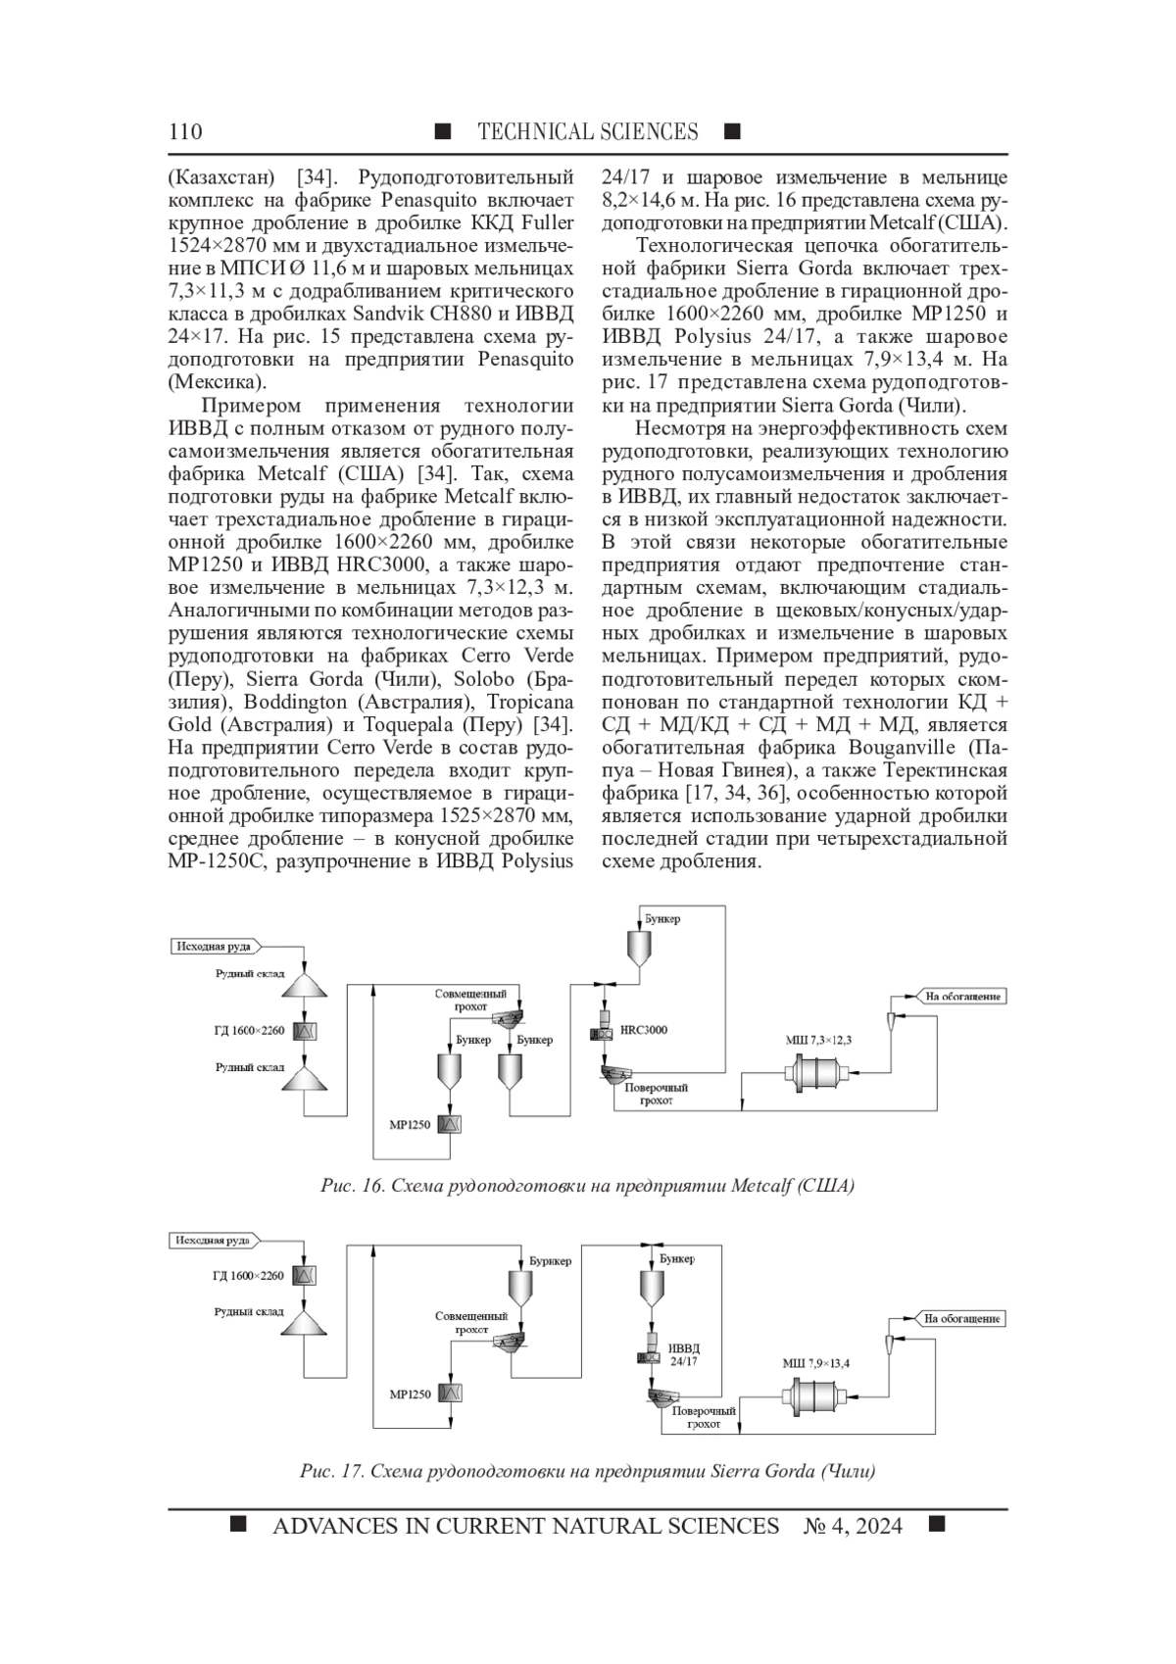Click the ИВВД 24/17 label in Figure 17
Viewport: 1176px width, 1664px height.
(x=684, y=1354)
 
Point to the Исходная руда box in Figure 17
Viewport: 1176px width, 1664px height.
(x=213, y=1241)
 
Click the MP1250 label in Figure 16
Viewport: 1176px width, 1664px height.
(x=410, y=1125)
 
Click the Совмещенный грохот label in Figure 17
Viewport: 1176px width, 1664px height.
(x=471, y=1322)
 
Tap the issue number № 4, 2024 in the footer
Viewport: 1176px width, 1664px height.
(x=852, y=1526)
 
